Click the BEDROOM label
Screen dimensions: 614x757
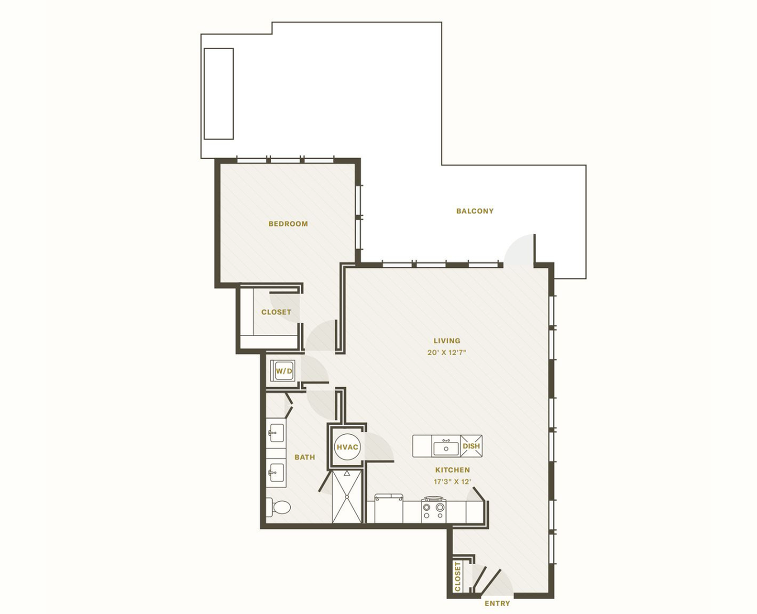click(x=288, y=224)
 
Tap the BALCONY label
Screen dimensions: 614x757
click(x=474, y=211)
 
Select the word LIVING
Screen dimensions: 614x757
click(x=447, y=341)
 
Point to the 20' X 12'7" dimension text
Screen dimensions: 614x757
click(x=447, y=353)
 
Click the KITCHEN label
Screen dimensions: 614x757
click(x=452, y=470)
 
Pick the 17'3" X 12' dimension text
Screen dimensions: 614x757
click(x=455, y=482)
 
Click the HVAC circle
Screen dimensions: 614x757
click(x=347, y=447)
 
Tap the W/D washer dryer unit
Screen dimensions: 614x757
click(x=283, y=371)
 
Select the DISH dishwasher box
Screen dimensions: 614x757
click(x=471, y=446)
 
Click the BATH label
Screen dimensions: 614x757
click(x=305, y=457)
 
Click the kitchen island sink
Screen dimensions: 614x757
click(x=446, y=448)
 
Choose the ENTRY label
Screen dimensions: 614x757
click(x=497, y=603)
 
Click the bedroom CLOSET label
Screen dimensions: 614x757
click(x=276, y=312)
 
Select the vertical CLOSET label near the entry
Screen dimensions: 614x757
click(x=458, y=576)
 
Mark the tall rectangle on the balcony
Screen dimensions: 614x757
click(x=219, y=94)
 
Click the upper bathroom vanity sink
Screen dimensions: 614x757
click(x=275, y=433)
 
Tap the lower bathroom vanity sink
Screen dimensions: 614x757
click(x=275, y=473)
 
